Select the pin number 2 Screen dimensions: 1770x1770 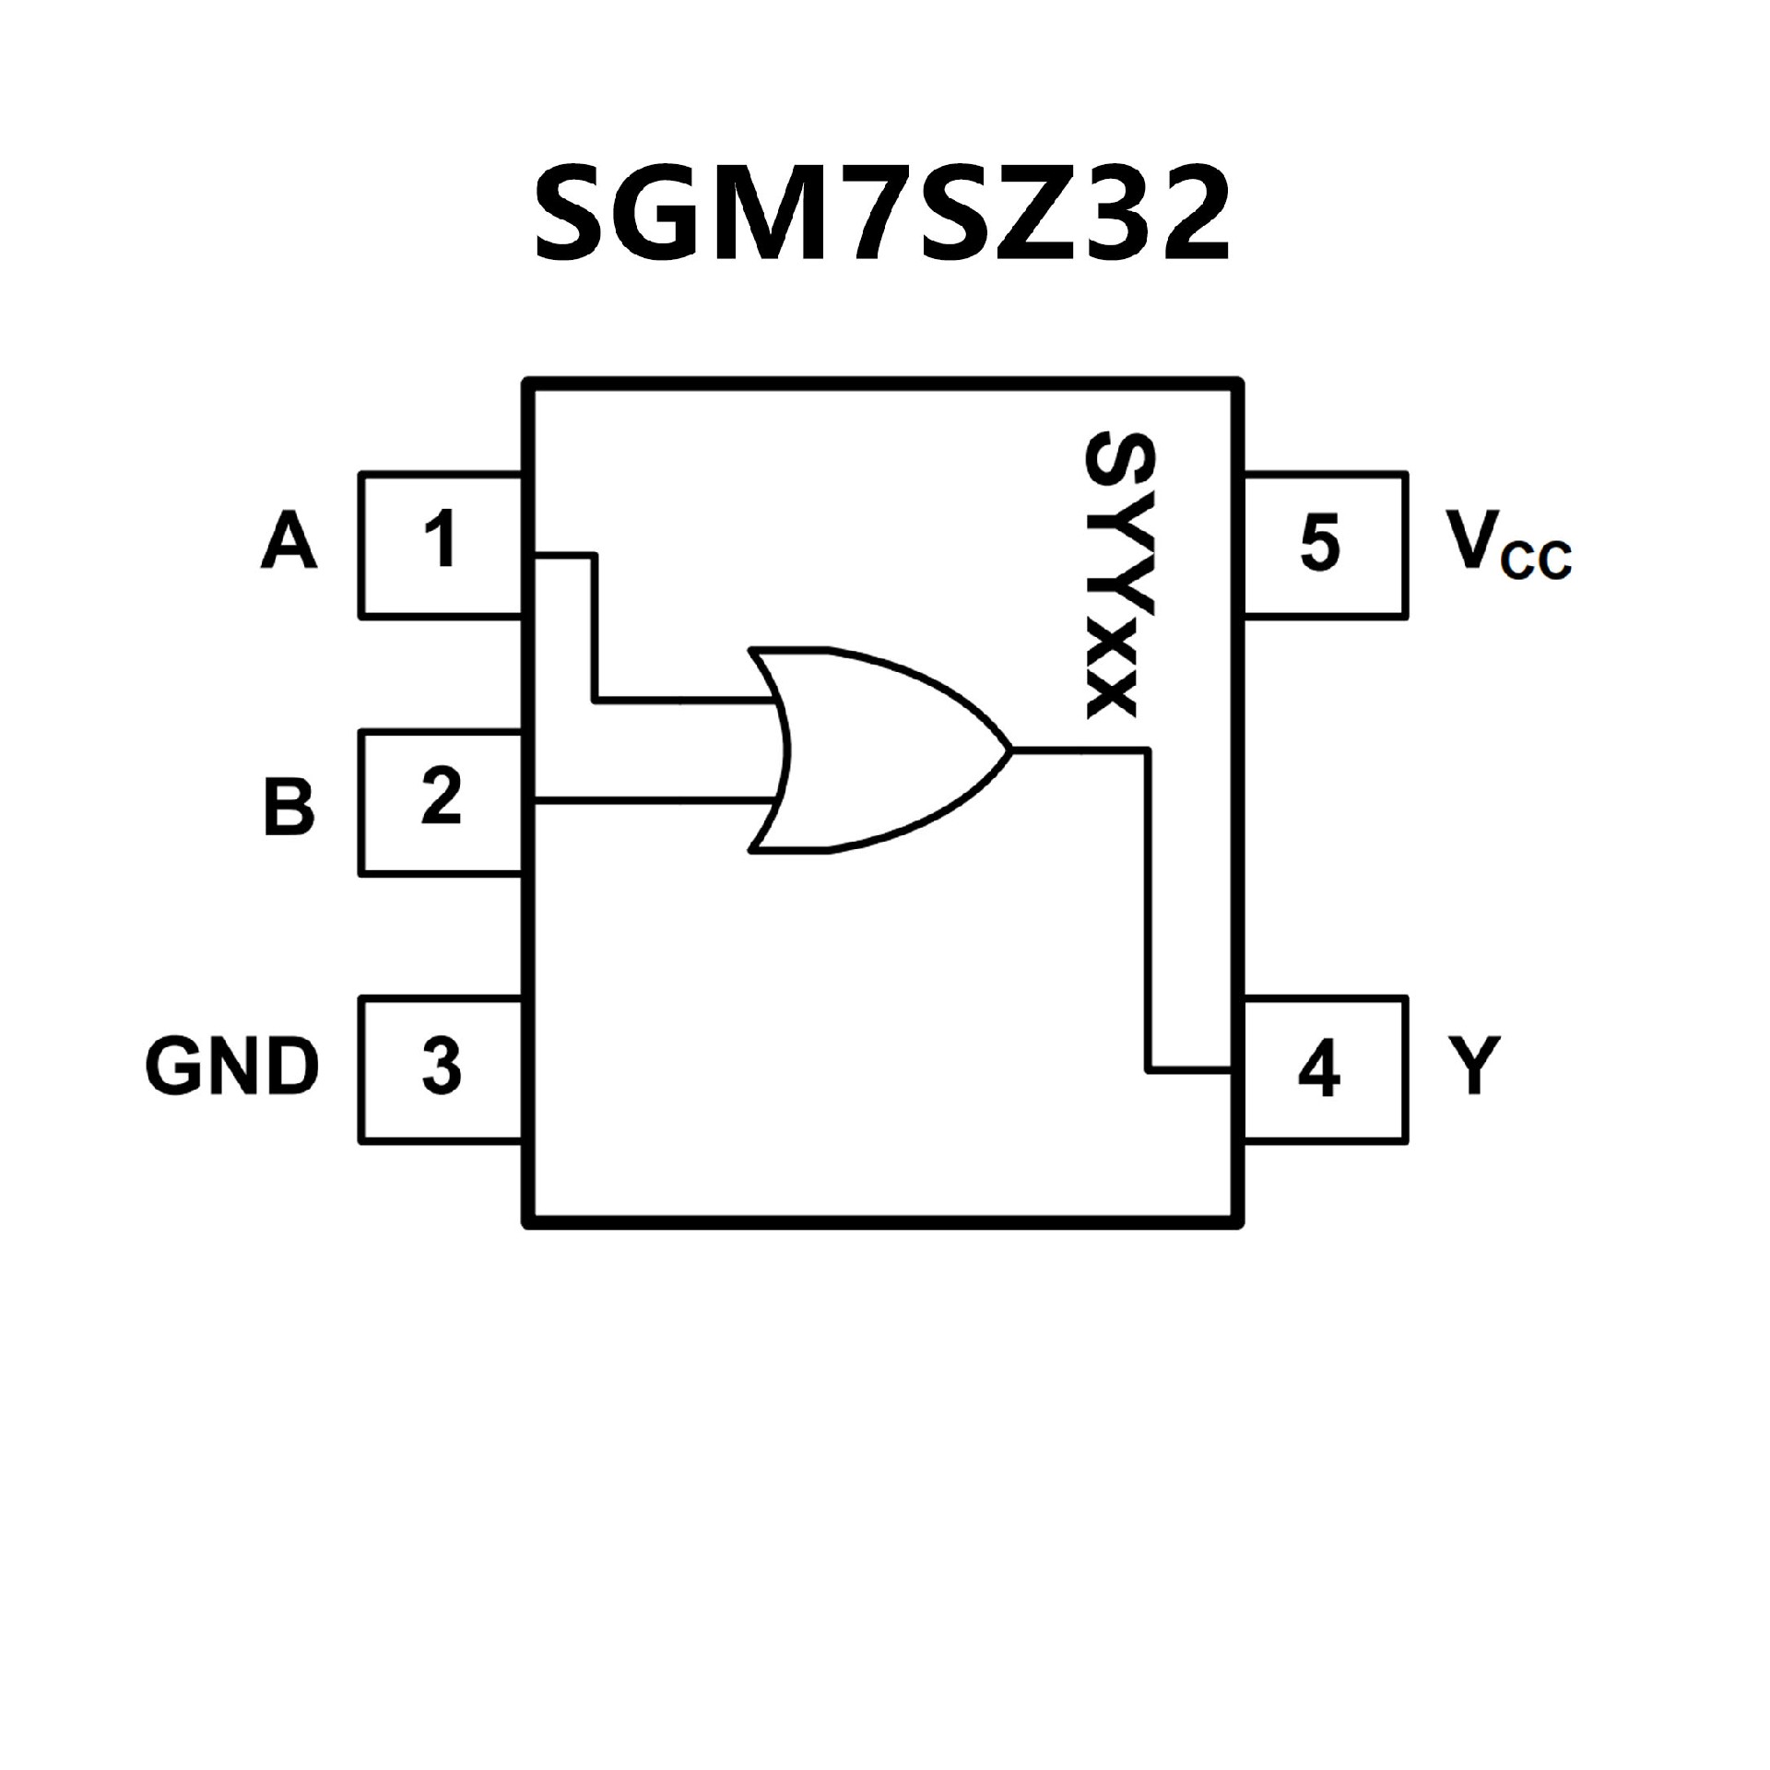click(442, 797)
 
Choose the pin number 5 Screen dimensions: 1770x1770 click(1319, 544)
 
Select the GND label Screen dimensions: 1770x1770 click(232, 1067)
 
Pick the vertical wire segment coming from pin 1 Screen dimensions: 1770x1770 click(596, 627)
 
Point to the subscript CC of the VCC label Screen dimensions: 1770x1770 click(1536, 560)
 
